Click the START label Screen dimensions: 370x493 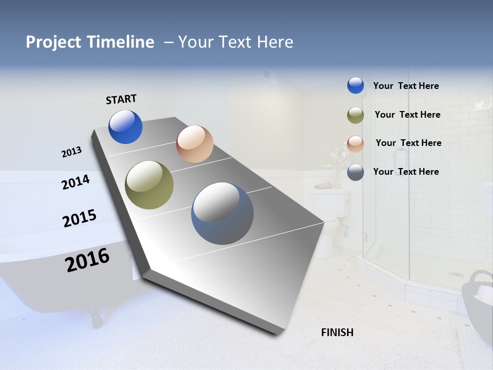[x=121, y=99]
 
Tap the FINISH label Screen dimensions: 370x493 [x=337, y=332]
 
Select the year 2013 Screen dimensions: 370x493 [x=72, y=152]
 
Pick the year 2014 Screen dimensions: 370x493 [x=75, y=182]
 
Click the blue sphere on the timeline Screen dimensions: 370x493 [x=125, y=126]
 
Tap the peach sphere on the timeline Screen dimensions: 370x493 [x=195, y=144]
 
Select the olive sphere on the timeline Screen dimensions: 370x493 [x=149, y=185]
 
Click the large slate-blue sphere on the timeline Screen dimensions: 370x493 [x=222, y=213]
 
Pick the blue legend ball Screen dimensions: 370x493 [x=355, y=86]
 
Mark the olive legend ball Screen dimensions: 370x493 [x=355, y=115]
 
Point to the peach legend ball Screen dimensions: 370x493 [x=355, y=144]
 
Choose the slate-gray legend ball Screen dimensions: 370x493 [x=355, y=172]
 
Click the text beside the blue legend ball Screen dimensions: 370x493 [x=406, y=86]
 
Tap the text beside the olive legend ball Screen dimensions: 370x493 [x=407, y=115]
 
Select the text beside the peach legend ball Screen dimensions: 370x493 [x=408, y=143]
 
